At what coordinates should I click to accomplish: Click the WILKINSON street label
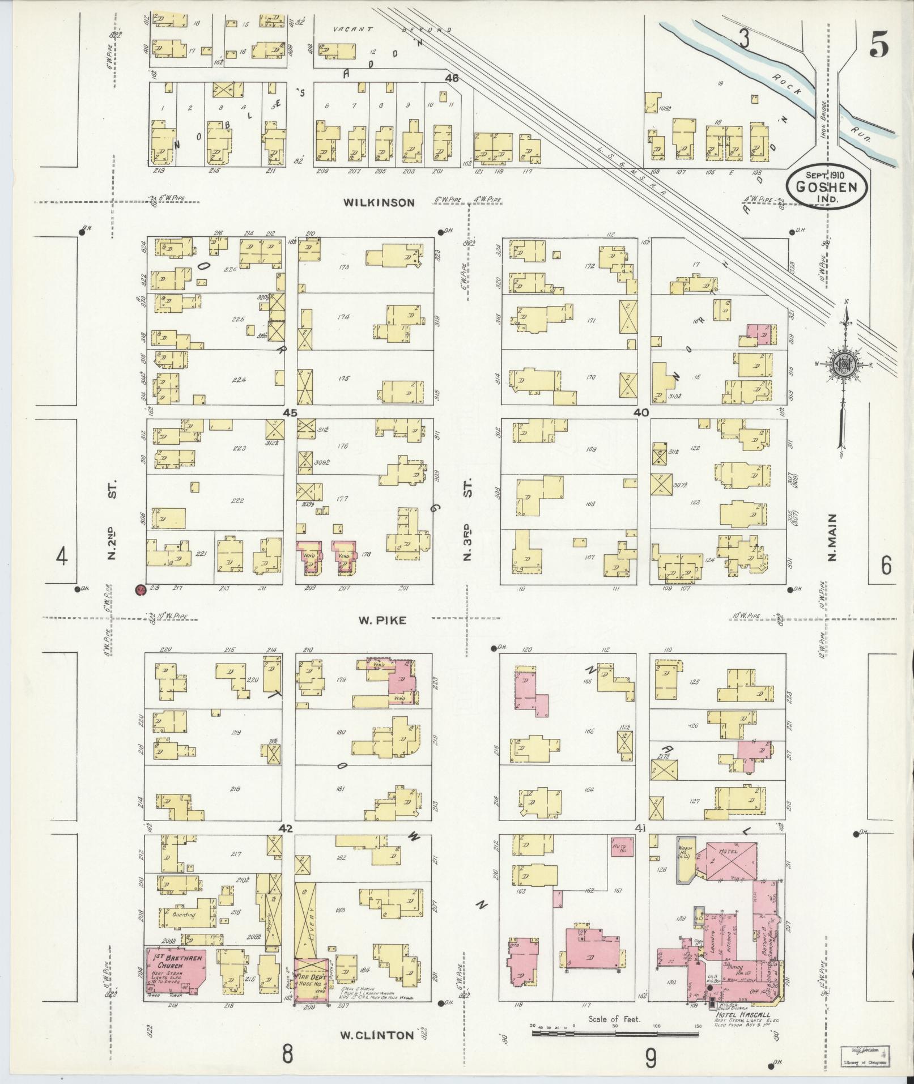(379, 202)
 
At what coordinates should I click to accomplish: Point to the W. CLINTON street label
(376, 1035)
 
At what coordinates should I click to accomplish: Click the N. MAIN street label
(832, 537)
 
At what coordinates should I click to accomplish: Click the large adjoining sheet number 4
(62, 558)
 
